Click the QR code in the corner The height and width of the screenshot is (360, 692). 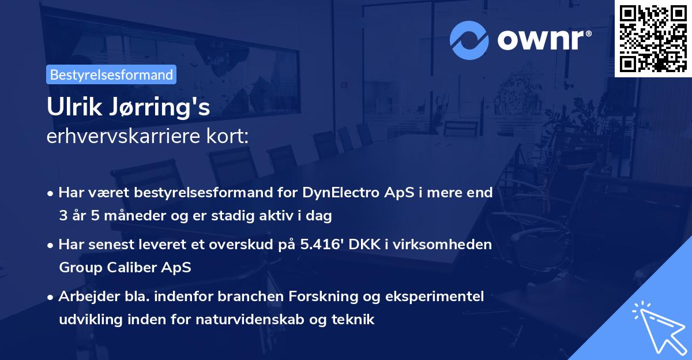click(x=653, y=38)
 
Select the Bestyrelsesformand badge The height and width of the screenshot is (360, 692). click(x=111, y=74)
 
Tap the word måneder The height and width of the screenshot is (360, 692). click(x=134, y=216)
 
